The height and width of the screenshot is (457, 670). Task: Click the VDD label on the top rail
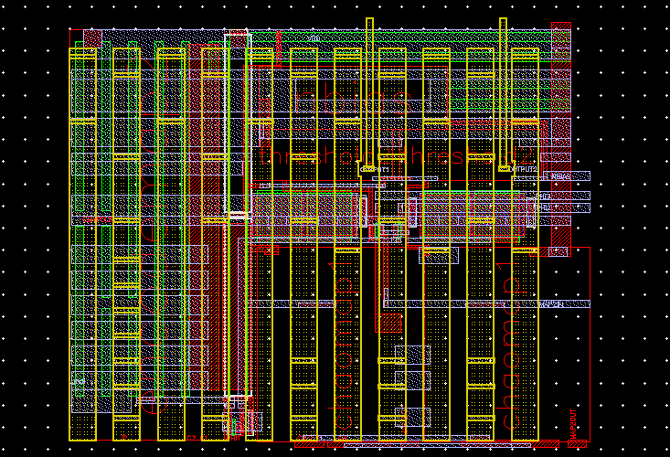point(314,38)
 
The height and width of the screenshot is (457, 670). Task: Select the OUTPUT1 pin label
point(378,169)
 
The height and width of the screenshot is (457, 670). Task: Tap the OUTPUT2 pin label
point(525,169)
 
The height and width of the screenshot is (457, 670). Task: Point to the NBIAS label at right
point(559,176)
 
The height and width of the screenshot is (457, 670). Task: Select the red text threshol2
point(457,155)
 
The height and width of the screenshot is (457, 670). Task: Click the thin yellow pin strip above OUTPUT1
point(369,91)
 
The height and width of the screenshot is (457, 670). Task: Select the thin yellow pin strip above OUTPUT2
point(503,91)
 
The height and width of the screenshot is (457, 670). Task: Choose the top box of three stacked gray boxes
point(412,355)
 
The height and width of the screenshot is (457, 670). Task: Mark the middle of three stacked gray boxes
point(412,379)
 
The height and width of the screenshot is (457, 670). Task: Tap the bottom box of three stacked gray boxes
point(412,417)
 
